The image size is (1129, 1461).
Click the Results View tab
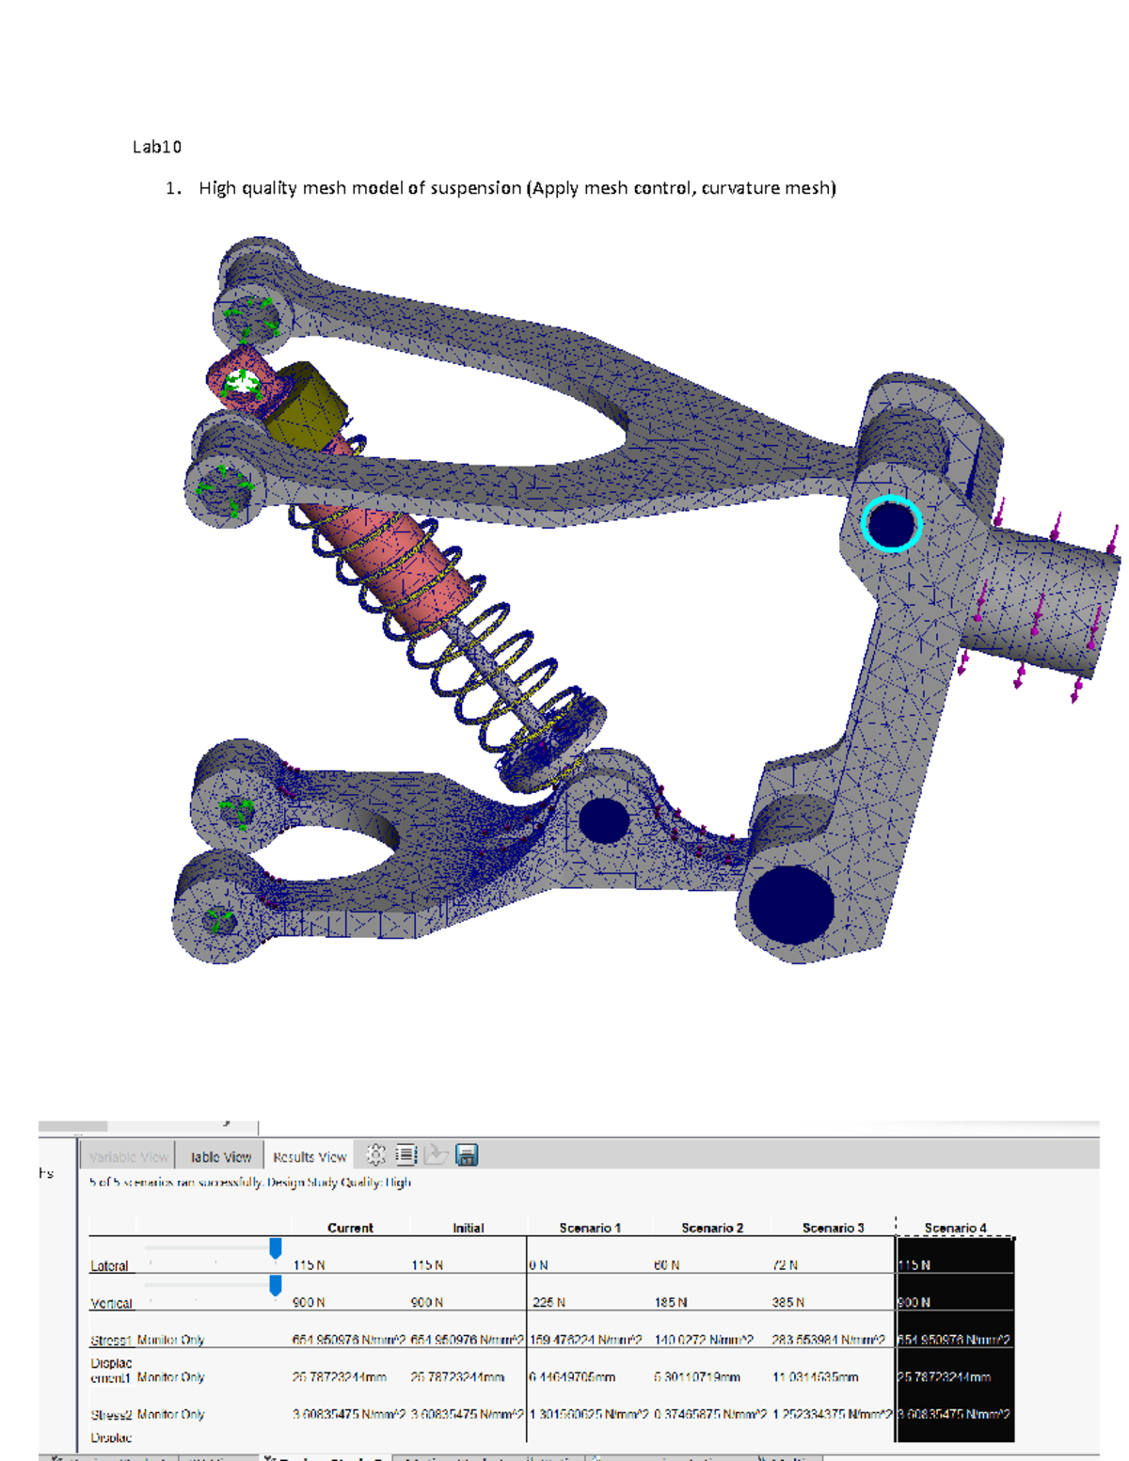[310, 1156]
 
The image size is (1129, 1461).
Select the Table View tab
[221, 1156]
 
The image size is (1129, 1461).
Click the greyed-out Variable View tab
[129, 1156]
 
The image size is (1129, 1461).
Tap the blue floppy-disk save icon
[467, 1154]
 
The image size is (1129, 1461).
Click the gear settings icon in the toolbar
[375, 1154]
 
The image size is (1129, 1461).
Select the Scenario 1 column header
[590, 1228]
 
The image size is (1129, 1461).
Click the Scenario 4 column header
[955, 1228]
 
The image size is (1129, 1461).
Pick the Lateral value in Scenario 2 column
[667, 1265]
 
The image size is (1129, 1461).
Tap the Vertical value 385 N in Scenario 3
[788, 1303]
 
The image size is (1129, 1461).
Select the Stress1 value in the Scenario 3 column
[828, 1340]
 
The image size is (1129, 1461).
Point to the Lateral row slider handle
[276, 1248]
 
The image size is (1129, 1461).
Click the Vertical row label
[111, 1303]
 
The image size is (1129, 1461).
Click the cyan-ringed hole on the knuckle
[890, 524]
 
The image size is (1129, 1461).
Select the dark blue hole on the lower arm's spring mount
[603, 820]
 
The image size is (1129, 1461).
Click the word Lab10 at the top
[157, 147]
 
